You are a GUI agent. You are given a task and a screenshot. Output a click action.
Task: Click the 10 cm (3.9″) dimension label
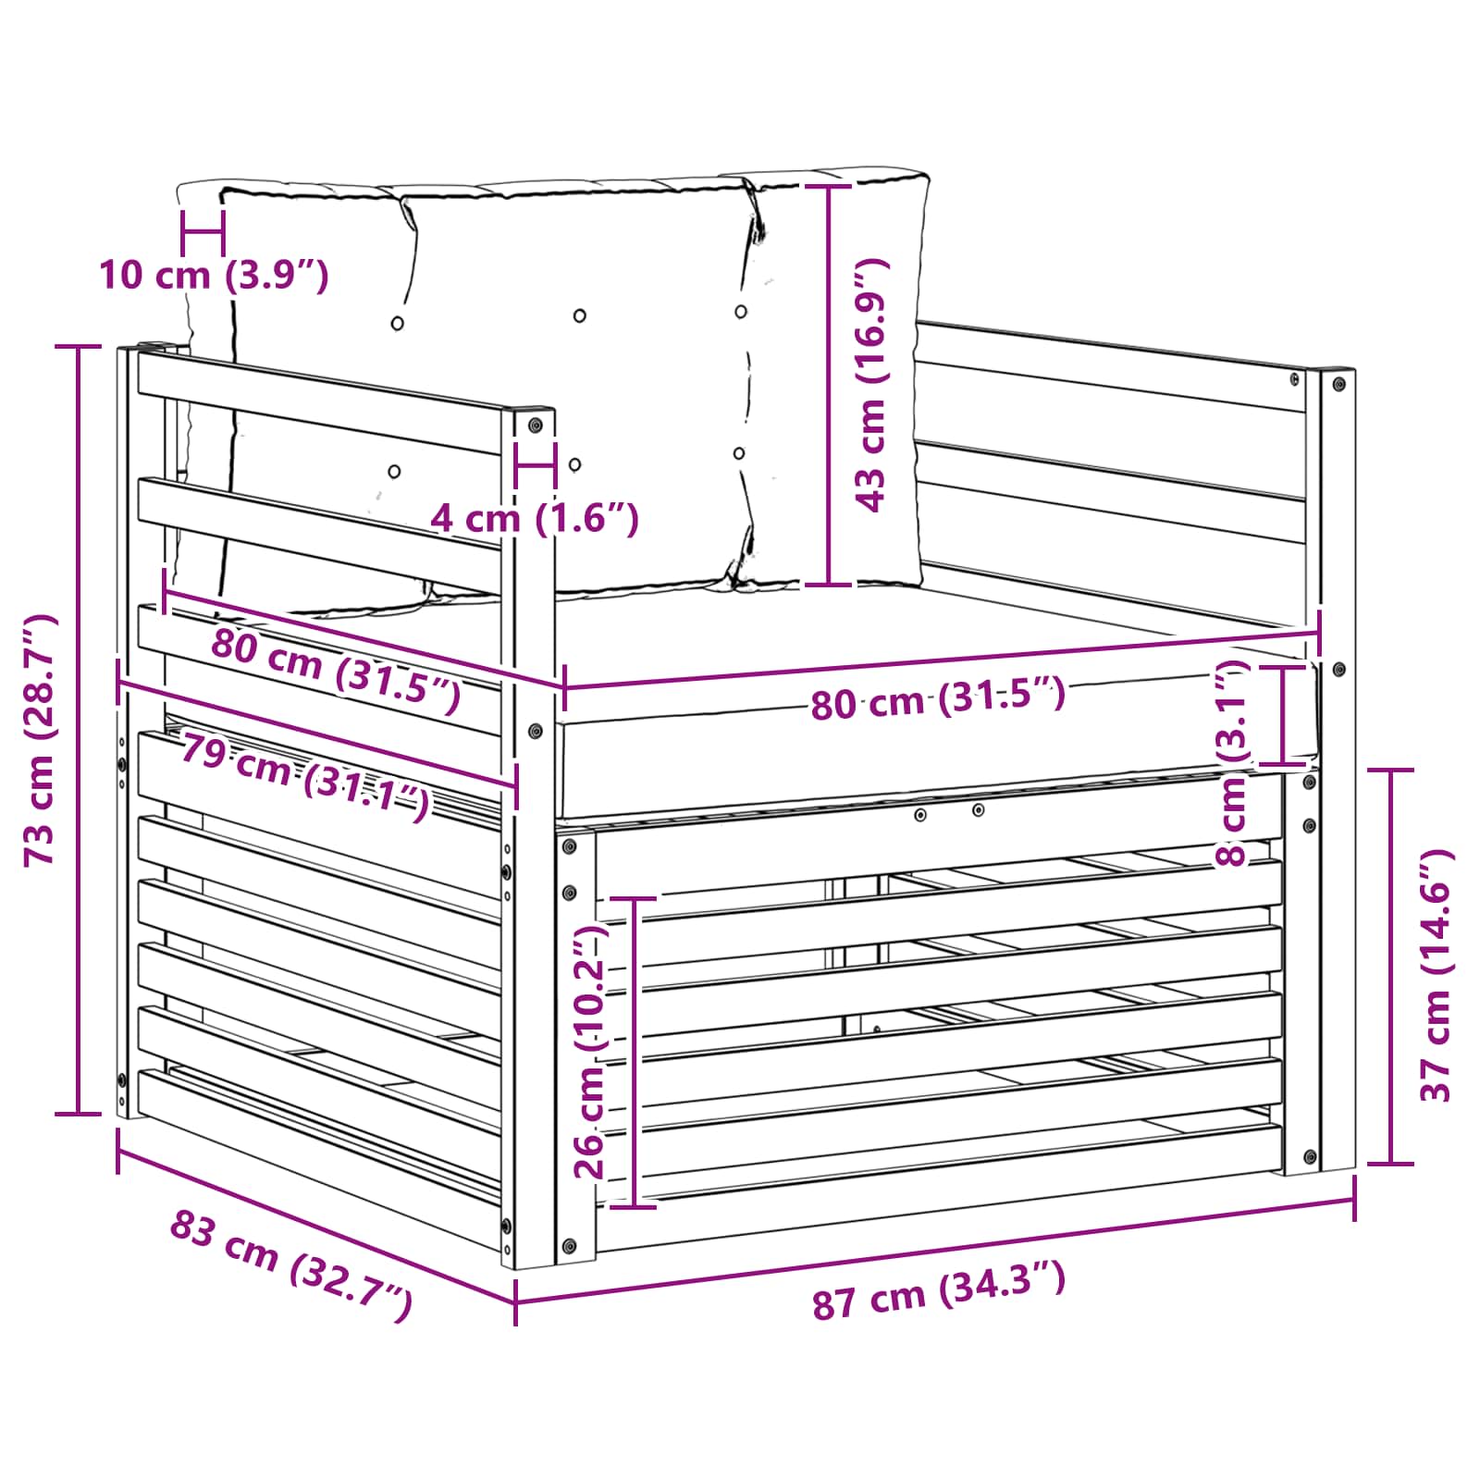coord(214,276)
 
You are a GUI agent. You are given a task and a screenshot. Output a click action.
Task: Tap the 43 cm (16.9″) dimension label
coord(871,385)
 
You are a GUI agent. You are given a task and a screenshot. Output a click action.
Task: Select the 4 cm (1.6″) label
coord(535,518)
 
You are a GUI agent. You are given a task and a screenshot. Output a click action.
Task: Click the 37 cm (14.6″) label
coord(1437,975)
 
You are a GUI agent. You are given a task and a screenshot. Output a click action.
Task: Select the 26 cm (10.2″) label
coord(589,1052)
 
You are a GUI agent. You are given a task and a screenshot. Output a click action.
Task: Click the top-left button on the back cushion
coord(397,323)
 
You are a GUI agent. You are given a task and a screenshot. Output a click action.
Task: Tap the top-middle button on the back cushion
coord(579,315)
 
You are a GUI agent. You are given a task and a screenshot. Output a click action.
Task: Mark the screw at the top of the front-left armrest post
coord(535,425)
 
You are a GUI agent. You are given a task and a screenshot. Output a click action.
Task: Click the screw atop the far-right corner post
coord(1338,383)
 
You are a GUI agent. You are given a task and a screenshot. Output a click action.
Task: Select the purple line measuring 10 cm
coord(203,233)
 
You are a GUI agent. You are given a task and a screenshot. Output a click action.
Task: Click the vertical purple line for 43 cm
coord(829,385)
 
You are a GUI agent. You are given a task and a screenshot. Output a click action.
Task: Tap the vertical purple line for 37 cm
coord(1390,966)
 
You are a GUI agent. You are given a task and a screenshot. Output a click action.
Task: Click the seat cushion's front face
coord(938,746)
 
